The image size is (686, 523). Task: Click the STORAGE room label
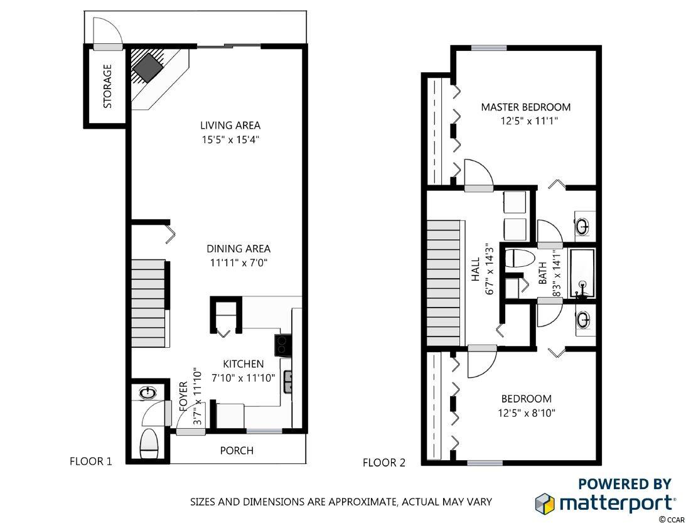pyautogui.click(x=107, y=86)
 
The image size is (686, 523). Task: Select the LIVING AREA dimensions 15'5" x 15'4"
pyautogui.click(x=230, y=140)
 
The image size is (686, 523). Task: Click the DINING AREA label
pyautogui.click(x=238, y=249)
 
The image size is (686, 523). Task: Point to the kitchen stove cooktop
pyautogui.click(x=282, y=346)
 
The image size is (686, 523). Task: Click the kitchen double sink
pyautogui.click(x=288, y=381)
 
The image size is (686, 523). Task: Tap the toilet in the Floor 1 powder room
pyautogui.click(x=149, y=443)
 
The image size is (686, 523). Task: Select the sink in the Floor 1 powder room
pyautogui.click(x=148, y=393)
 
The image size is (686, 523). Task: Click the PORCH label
pyautogui.click(x=237, y=450)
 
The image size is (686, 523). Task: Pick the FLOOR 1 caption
pyautogui.click(x=91, y=461)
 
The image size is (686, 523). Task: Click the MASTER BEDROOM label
pyautogui.click(x=526, y=107)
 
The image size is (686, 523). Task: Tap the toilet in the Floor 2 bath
pyautogui.click(x=520, y=259)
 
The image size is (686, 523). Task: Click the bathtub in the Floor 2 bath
pyautogui.click(x=581, y=274)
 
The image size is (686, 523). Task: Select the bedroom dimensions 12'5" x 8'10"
pyautogui.click(x=527, y=412)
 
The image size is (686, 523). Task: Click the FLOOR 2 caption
pyautogui.click(x=384, y=463)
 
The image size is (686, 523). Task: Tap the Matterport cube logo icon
pyautogui.click(x=545, y=503)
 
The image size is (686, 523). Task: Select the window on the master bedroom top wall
pyautogui.click(x=489, y=48)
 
